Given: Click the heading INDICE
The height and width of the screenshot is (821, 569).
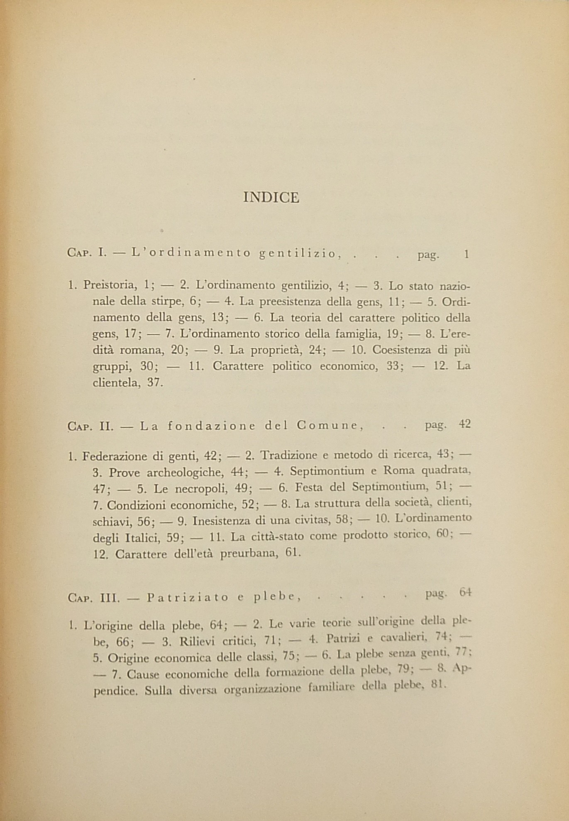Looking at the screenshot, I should (x=271, y=197).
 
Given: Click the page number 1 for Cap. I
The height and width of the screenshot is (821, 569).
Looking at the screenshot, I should (x=466, y=254).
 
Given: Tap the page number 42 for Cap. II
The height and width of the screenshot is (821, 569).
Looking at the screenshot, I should (x=465, y=424).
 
